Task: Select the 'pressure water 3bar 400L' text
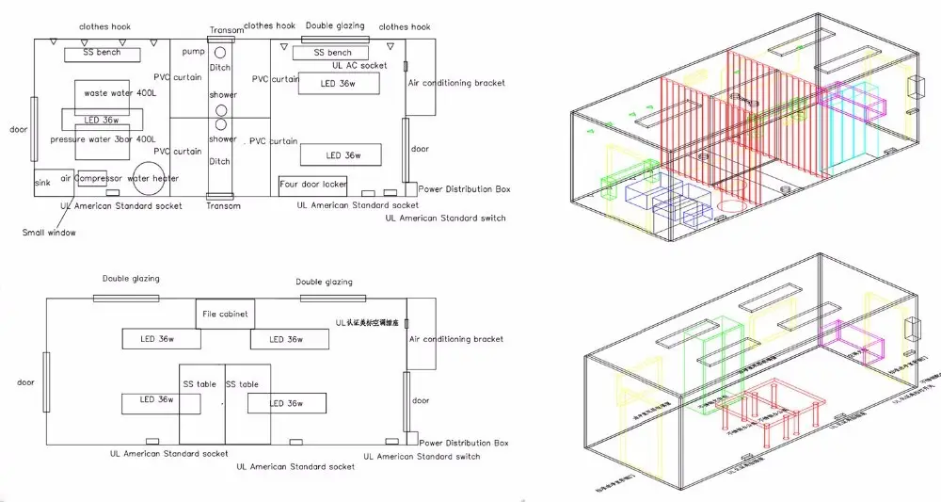click(x=103, y=139)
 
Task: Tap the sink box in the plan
click(x=42, y=183)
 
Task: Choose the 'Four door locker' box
click(x=313, y=185)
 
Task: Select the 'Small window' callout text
click(x=49, y=232)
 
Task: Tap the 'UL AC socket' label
click(x=359, y=66)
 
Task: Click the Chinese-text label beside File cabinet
click(x=372, y=322)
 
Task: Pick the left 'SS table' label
click(x=200, y=384)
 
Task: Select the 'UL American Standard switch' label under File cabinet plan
click(x=428, y=457)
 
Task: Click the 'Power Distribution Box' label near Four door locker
click(x=464, y=189)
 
